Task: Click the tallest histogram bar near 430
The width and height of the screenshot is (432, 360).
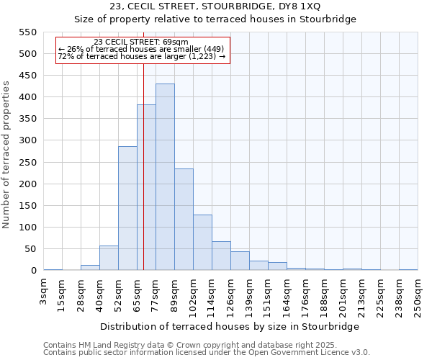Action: click(165, 177)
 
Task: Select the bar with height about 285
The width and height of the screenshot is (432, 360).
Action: click(127, 208)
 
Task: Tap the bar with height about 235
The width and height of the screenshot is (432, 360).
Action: click(184, 220)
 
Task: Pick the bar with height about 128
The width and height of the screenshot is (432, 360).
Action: click(202, 243)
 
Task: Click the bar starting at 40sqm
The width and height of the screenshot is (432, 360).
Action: click(109, 258)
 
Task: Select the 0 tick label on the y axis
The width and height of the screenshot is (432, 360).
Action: click(33, 271)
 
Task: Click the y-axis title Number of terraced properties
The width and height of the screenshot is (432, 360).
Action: click(7, 154)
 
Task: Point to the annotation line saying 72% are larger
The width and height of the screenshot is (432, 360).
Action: click(141, 56)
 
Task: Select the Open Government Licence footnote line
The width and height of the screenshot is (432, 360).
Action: click(207, 353)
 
